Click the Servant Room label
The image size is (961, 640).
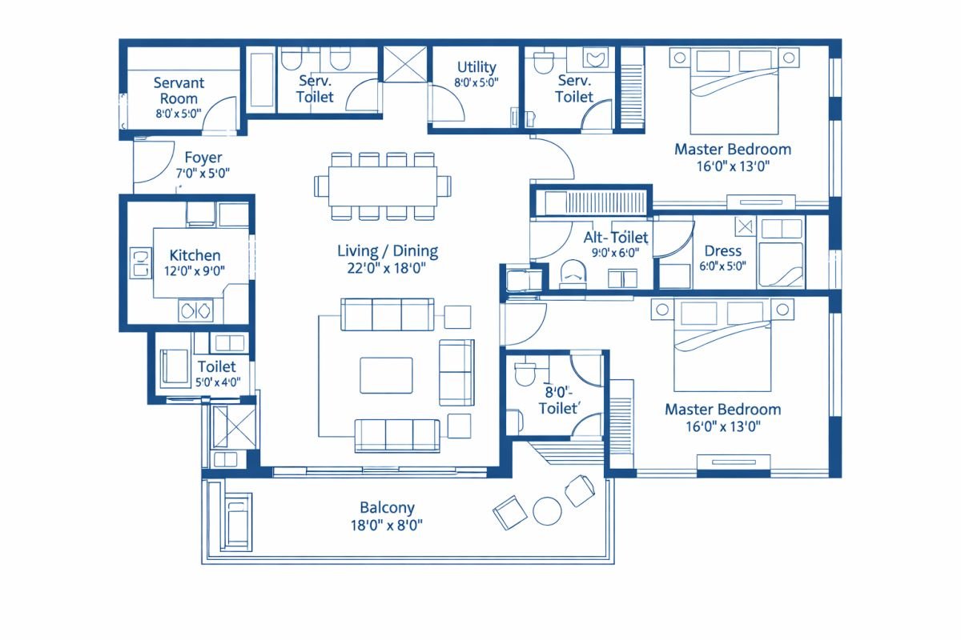pos(179,90)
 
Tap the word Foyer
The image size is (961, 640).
pos(203,158)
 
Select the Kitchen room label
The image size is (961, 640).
pos(195,255)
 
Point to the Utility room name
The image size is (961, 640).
pos(476,67)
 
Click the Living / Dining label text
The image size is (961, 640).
pos(388,251)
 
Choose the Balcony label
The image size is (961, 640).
pos(387,507)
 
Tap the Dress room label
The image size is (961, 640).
pos(722,251)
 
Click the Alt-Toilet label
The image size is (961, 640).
pos(615,237)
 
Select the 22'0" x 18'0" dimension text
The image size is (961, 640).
pos(388,269)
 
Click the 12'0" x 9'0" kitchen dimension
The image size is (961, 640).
pos(195,272)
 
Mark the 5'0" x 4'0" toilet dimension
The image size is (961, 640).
pos(218,382)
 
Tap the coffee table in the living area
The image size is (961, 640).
pos(386,375)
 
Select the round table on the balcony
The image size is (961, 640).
pos(548,511)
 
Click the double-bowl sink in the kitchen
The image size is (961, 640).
pos(196,310)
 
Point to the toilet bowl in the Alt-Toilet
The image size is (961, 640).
pos(573,273)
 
